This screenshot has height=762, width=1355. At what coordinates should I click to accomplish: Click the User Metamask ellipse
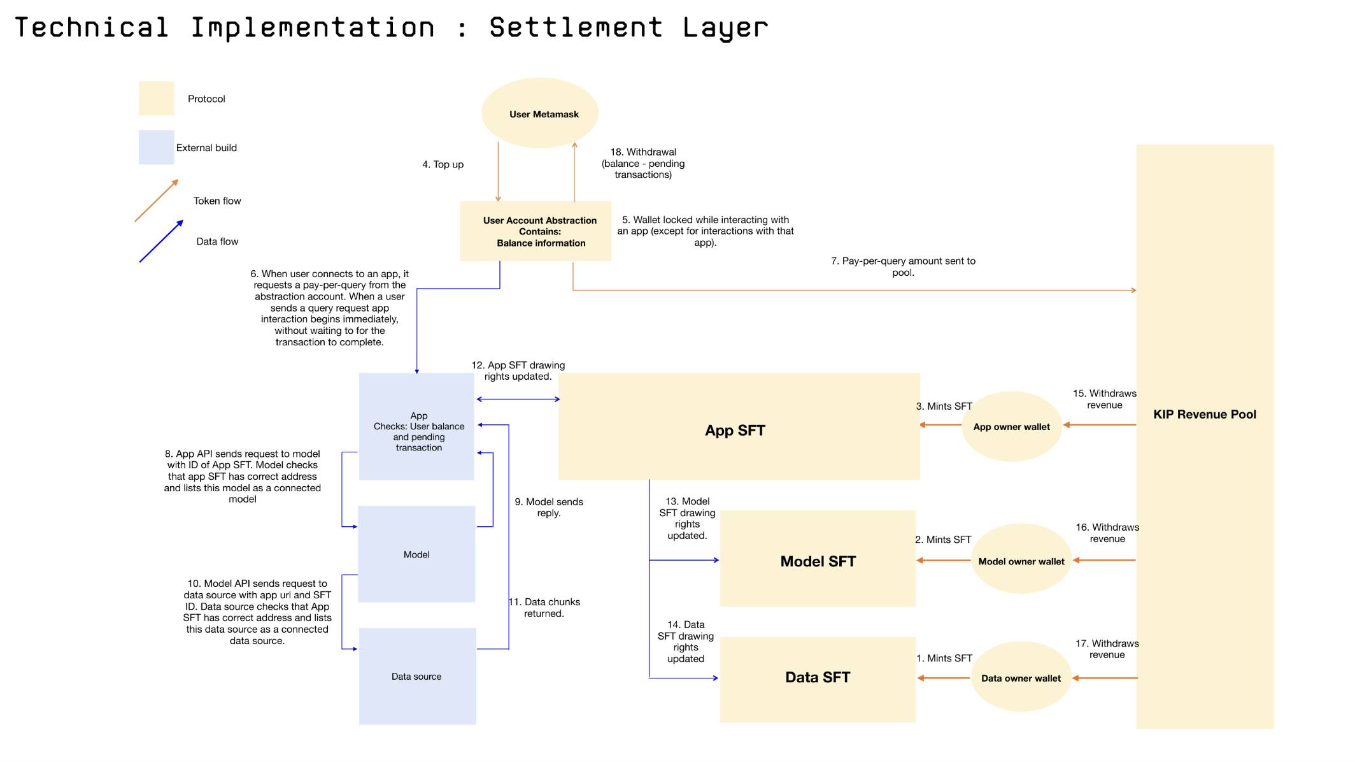coord(540,113)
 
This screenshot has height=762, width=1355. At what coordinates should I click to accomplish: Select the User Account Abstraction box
coord(536,231)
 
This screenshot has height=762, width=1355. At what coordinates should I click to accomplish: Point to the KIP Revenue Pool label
coord(1205,414)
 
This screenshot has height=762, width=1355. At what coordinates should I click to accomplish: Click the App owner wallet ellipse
coord(1011,426)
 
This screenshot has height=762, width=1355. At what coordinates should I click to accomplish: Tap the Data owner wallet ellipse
coord(1021,677)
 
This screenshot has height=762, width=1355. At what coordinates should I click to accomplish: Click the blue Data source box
coord(417,676)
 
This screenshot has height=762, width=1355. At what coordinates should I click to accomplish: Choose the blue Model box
coord(416,554)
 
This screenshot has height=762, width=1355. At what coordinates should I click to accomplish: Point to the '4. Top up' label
coord(443,164)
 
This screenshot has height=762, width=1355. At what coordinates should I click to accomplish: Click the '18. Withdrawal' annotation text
coord(643,163)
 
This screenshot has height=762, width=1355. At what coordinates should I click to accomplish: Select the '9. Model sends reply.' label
coord(549,507)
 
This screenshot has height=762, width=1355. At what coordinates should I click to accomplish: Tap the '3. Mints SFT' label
coord(944,406)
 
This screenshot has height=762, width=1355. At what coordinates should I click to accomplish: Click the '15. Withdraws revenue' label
coord(1105,399)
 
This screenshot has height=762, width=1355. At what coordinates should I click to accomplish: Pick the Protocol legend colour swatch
coord(156,98)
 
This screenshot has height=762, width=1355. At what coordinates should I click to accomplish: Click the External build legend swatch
coord(156,147)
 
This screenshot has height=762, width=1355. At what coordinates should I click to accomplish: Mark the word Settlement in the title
coord(576,28)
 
